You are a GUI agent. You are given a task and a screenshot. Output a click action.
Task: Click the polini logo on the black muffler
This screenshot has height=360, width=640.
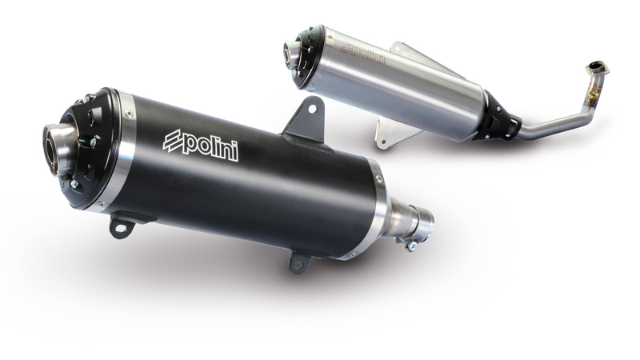(x=200, y=144)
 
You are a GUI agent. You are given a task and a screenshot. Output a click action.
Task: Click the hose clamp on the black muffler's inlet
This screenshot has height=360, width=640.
(x=412, y=238)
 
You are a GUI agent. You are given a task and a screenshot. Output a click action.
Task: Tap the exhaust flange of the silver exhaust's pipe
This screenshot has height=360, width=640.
(x=597, y=68)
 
